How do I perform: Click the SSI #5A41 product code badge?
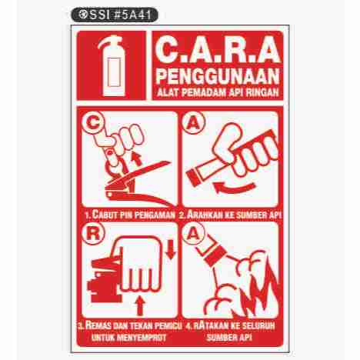coord(115,15)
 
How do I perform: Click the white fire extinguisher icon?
coord(112,66)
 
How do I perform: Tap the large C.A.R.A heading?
coord(218,50)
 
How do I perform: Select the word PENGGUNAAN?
coord(218,76)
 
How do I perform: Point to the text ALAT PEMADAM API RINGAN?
coord(218,92)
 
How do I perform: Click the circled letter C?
coord(93,123)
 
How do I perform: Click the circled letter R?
coord(93,235)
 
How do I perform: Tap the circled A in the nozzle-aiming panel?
coord(193,123)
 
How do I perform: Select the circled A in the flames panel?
coord(193,234)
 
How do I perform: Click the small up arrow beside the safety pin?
coord(137,159)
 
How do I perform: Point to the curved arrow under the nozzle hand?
coord(232,188)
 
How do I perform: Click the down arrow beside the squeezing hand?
coord(171,249)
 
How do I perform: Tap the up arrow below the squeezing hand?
coord(140,305)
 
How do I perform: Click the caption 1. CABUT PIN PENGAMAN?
coord(130,215)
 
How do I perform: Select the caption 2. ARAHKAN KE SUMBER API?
coord(230,215)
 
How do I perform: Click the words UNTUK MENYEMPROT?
coord(128,337)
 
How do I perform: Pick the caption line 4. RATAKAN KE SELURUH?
coord(230,326)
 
